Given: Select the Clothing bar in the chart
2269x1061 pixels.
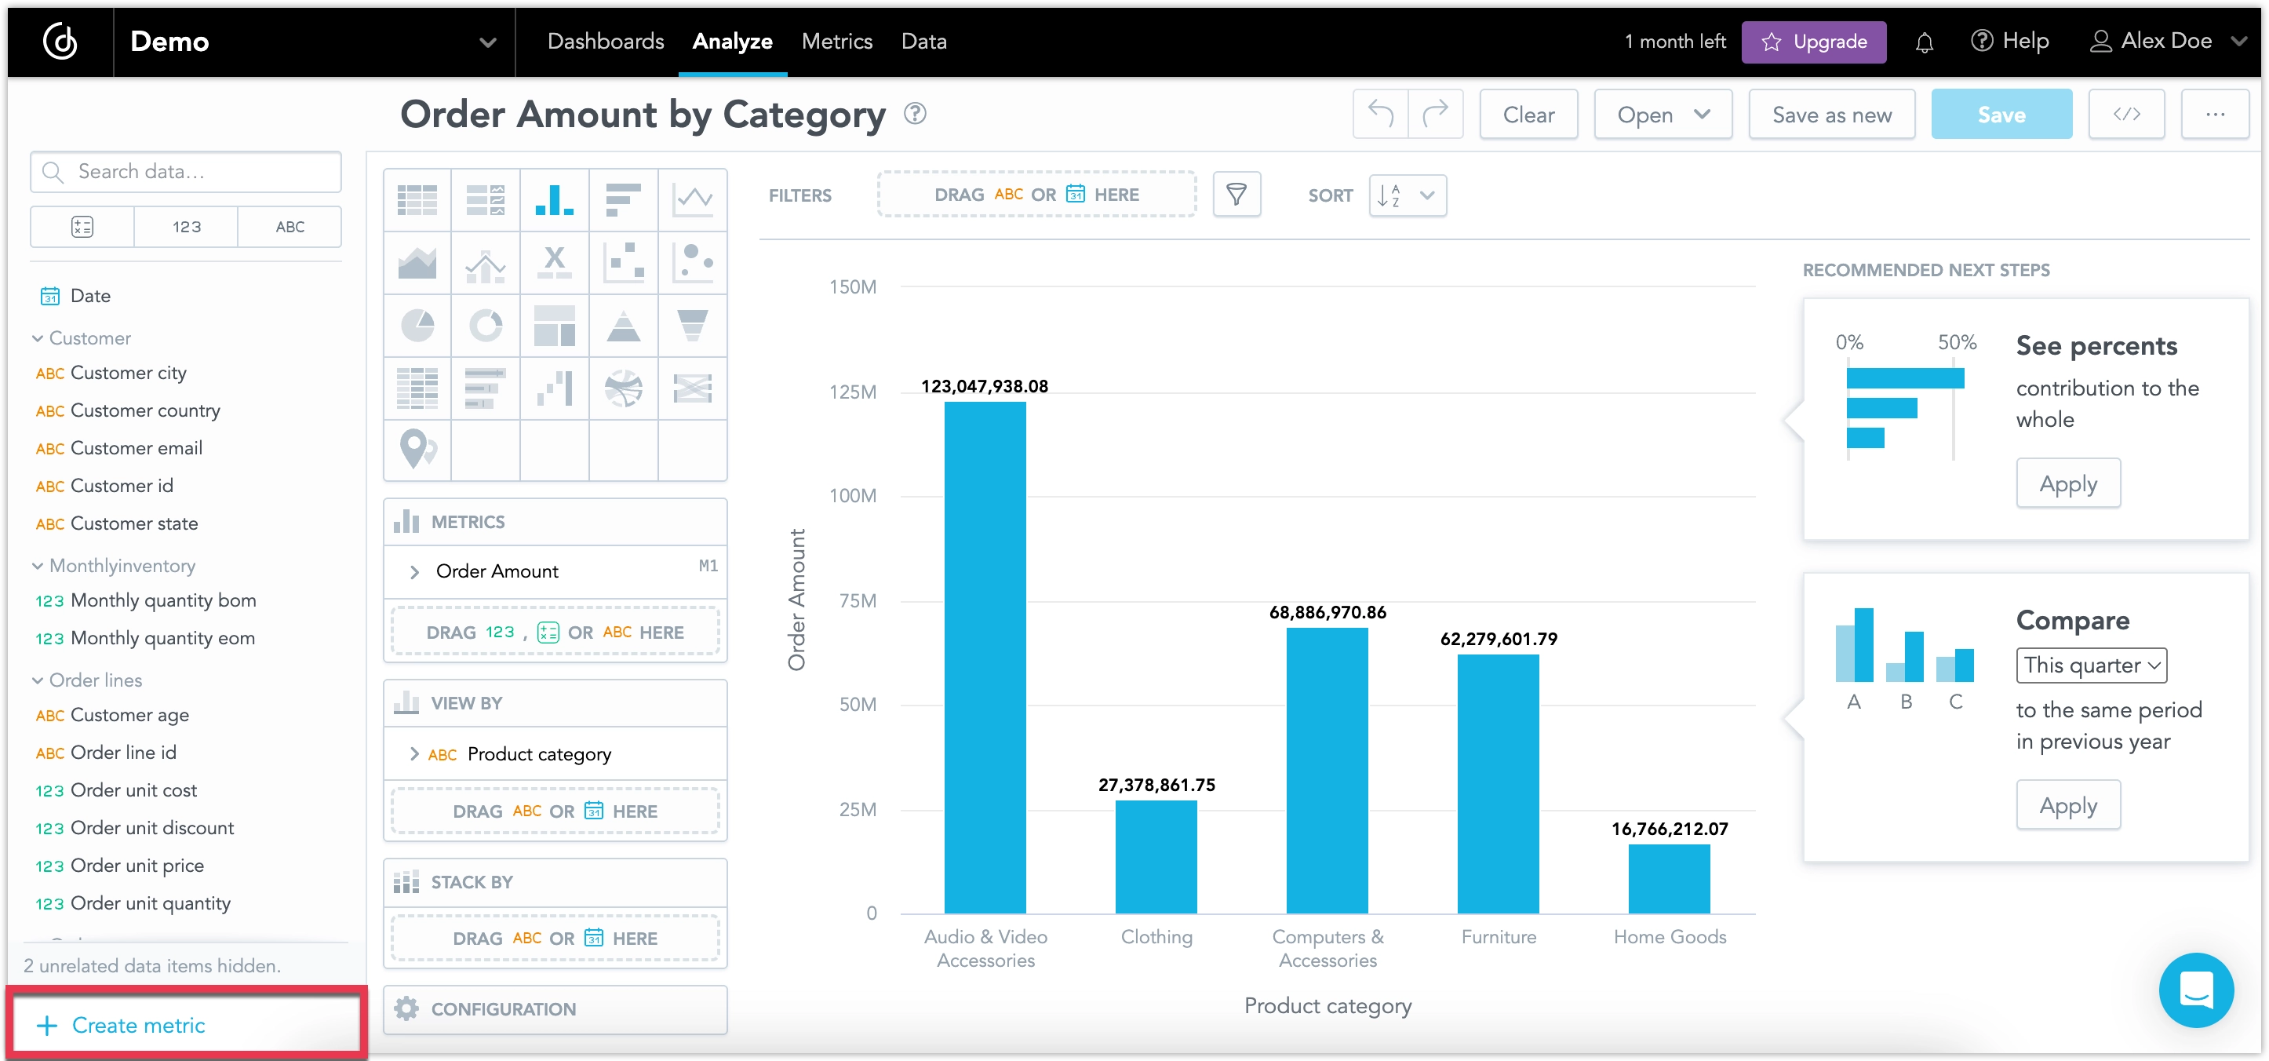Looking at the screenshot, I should (x=1156, y=855).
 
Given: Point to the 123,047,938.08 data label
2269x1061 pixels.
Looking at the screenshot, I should (x=984, y=386).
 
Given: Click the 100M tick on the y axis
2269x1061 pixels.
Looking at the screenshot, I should (x=852, y=495).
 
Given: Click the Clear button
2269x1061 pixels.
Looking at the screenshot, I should (x=1528, y=115).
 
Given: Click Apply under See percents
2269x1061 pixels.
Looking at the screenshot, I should (x=2067, y=483).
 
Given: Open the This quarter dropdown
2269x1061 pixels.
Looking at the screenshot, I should (x=2090, y=665).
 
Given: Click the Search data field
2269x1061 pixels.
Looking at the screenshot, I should (x=187, y=172).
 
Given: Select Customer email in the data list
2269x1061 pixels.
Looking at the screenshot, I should (x=136, y=447).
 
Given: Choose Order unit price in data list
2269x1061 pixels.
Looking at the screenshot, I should (x=137, y=866).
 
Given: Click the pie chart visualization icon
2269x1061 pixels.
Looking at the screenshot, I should (x=417, y=325).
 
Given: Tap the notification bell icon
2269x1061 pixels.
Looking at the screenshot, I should (x=1924, y=42).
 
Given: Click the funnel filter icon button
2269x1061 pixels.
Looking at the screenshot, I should (x=1236, y=194).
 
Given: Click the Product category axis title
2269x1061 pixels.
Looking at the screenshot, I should (x=1327, y=1005).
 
